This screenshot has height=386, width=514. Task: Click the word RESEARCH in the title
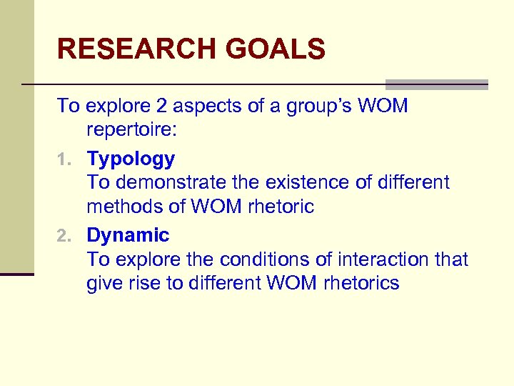pos(136,49)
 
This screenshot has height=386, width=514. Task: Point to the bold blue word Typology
pos(131,159)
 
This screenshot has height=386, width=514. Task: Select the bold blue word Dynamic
pos(128,235)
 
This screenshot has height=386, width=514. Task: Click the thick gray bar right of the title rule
pos(436,84)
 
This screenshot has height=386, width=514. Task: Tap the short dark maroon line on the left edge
pos(17,274)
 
